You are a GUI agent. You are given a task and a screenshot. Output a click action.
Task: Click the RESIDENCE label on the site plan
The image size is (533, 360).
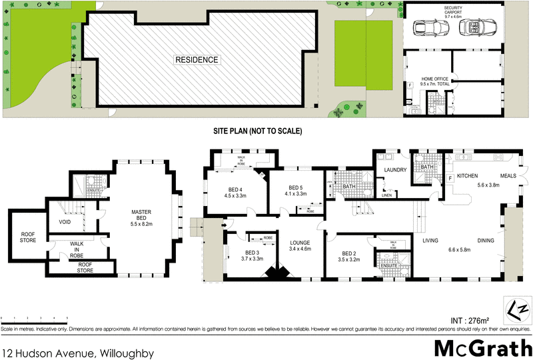point(197,60)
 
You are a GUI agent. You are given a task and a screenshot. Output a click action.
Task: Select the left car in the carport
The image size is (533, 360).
point(429,28)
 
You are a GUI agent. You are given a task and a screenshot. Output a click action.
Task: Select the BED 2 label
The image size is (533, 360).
point(350,257)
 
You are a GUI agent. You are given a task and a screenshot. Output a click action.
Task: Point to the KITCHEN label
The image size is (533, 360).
point(467,175)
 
